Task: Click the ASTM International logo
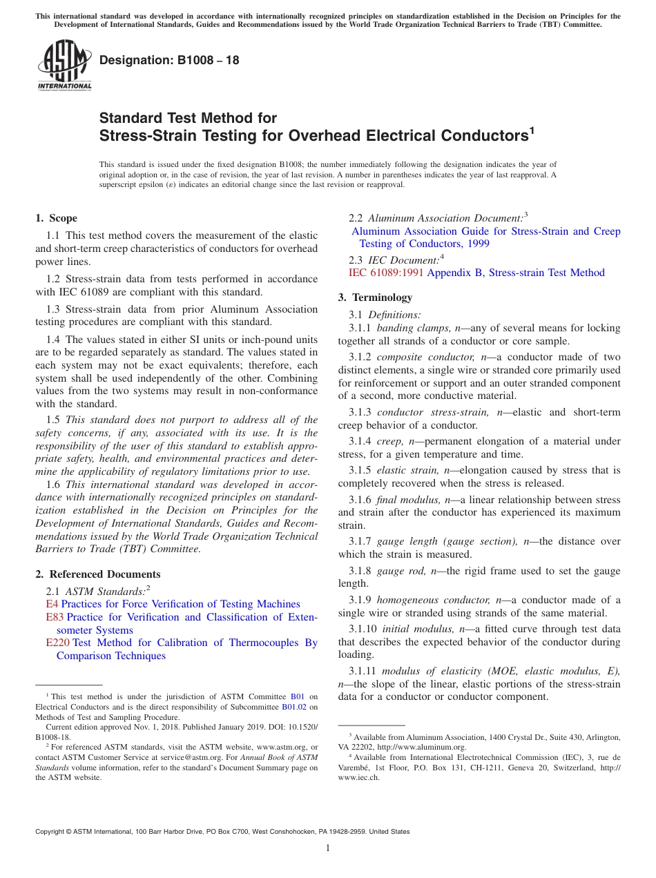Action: click(x=64, y=65)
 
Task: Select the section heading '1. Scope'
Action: click(x=56, y=218)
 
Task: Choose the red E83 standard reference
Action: click(x=54, y=617)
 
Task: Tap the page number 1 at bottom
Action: click(x=328, y=848)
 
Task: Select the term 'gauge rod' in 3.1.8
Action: click(x=402, y=571)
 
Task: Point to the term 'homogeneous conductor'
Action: click(x=431, y=600)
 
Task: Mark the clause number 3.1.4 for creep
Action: click(x=363, y=441)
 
